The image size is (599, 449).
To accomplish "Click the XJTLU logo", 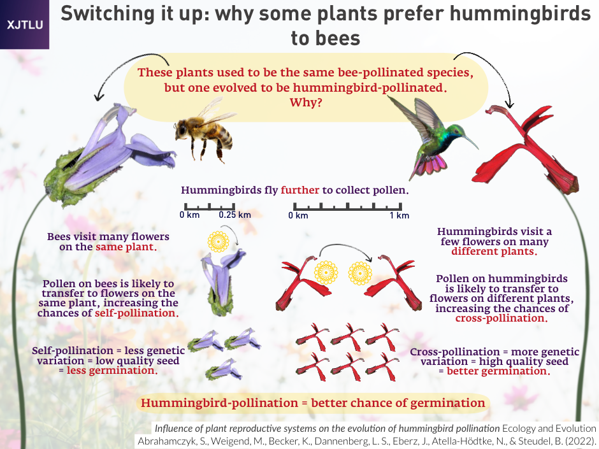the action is coord(24,24).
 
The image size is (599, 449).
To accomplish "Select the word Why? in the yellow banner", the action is coord(306,103).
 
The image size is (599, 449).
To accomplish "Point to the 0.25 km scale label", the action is coord(235,215).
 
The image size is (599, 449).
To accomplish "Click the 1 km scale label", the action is coord(400,216).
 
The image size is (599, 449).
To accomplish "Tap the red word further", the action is coord(300,190).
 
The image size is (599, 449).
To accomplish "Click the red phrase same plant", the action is coord(126,247).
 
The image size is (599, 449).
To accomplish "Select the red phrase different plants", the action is coord(494,252).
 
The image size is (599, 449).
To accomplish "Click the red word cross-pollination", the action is coord(502,318).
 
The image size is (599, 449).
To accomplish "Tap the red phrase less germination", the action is coord(112,371).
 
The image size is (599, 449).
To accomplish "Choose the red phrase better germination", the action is coord(498,371).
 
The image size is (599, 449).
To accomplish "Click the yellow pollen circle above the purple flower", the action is coord(218,241).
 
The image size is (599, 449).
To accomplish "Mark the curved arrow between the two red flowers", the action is coord(344,248).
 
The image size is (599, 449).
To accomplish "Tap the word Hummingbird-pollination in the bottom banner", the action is coord(219,403).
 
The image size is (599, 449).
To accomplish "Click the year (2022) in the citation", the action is coord(581,441).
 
